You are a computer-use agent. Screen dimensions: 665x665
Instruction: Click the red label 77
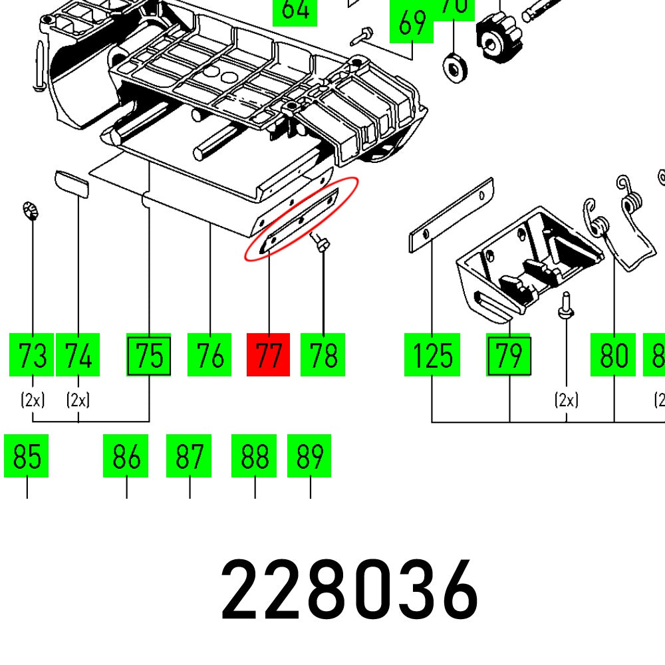pos(268,355)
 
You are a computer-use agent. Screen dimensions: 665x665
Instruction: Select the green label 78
pos(323,355)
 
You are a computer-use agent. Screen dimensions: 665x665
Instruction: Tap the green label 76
pos(209,355)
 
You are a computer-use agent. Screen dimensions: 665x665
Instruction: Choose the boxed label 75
pos(149,355)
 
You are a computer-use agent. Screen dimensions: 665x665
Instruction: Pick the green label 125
pos(432,355)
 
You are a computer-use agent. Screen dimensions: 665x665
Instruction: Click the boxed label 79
pos(509,355)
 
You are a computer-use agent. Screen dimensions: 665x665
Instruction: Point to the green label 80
pos(613,355)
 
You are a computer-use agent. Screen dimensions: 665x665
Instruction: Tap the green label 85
pos(27,456)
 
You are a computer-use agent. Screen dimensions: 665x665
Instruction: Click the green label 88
pos(254,456)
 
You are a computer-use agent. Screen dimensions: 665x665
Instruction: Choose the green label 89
pos(309,456)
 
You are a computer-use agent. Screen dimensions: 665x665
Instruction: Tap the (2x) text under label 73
pos(33,400)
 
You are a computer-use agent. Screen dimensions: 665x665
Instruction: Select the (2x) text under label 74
pos(78,400)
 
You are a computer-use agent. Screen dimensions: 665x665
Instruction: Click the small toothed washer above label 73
pos(31,211)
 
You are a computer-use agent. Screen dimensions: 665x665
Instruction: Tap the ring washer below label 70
pos(454,66)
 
